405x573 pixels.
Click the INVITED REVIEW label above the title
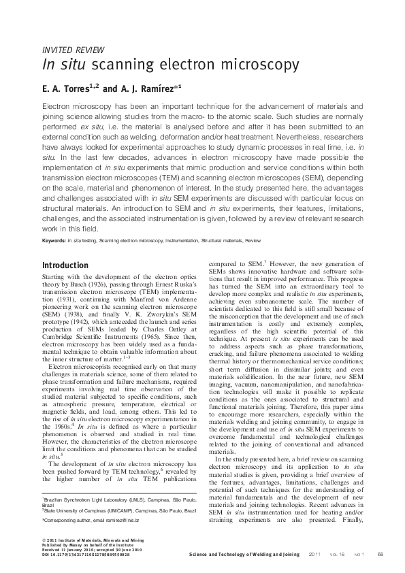pyautogui.click(x=73, y=50)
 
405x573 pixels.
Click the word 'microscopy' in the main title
pyautogui.click(x=260, y=66)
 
